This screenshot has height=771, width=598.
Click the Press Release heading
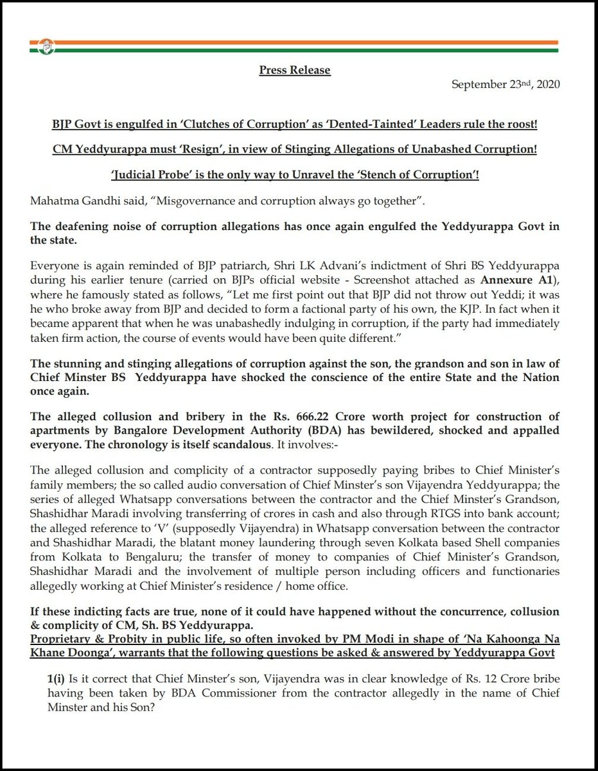pyautogui.click(x=295, y=69)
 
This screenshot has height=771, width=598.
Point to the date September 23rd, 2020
pyautogui.click(x=506, y=85)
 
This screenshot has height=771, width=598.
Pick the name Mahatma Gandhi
pyautogui.click(x=73, y=201)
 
